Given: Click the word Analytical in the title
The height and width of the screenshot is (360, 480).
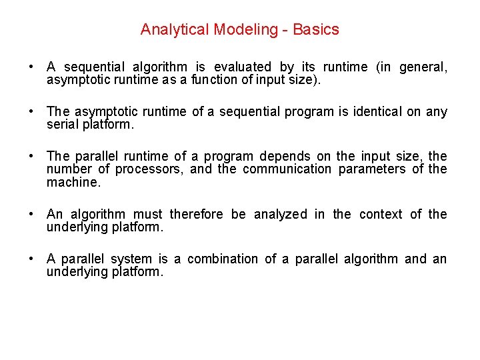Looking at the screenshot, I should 167,29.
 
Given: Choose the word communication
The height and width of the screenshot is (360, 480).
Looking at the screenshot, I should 287,169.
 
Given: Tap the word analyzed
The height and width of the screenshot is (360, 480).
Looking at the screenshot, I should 279,214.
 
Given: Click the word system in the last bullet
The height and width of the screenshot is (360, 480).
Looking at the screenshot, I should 131,259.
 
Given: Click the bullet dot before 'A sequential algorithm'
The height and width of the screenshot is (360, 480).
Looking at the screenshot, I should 32,67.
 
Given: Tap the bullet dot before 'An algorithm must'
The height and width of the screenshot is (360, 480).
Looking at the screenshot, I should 32,215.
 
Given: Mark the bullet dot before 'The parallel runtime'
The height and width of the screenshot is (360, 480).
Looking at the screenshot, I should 32,157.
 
